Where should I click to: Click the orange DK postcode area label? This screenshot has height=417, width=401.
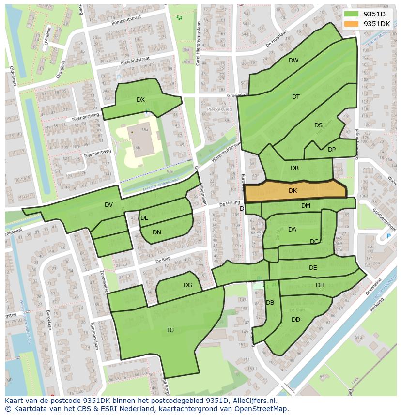pos(293,191)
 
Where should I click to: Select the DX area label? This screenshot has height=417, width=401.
pos(140,100)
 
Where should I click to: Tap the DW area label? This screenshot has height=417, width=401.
pos(293,61)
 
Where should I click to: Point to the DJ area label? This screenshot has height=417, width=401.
pos(170,330)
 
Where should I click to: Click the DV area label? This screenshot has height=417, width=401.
pos(108,205)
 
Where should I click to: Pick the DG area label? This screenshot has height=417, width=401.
pos(188,285)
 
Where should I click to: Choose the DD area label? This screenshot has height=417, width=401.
pos(296,320)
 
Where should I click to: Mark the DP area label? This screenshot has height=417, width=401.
pos(332,150)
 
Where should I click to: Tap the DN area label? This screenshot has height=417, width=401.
pos(157,232)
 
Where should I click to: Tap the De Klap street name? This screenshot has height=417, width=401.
pos(164,261)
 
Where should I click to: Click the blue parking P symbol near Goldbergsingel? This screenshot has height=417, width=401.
pos(388,236)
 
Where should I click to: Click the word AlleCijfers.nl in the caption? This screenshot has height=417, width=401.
pos(253,401)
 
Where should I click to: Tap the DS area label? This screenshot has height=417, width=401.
pos(318,125)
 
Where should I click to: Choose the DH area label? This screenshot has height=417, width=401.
pos(320,285)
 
